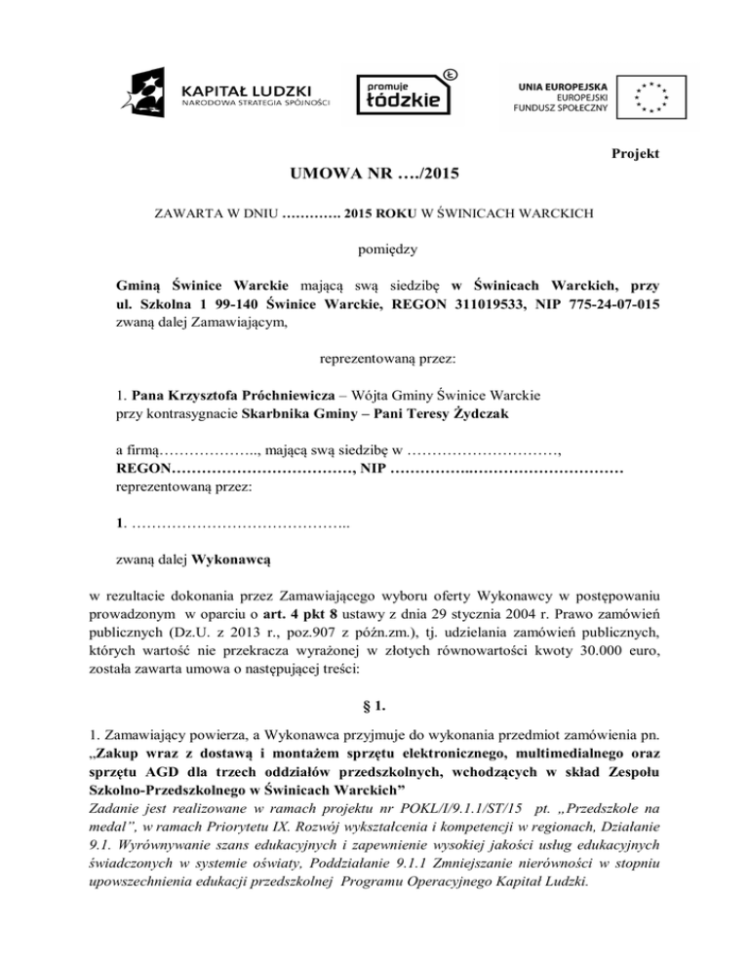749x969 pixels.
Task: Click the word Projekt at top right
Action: point(635,154)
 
